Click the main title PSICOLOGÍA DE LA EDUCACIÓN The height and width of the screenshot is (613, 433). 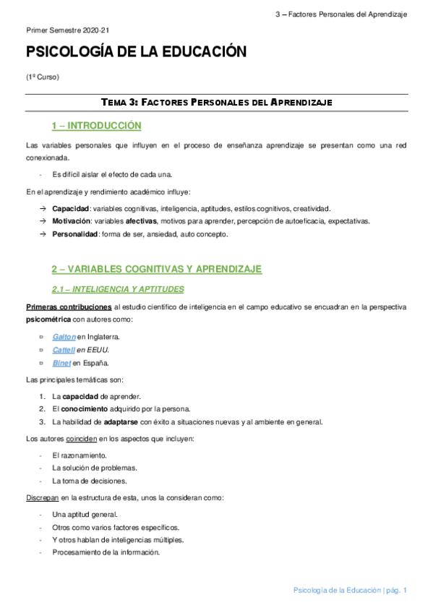[136, 52]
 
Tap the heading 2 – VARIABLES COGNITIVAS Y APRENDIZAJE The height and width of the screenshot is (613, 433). [156, 269]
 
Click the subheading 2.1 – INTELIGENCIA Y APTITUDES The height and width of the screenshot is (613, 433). [117, 289]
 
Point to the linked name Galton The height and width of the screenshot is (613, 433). [64, 337]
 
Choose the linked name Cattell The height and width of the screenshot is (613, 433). [63, 350]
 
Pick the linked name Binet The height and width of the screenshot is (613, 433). [61, 363]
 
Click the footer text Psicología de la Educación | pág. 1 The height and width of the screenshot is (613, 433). [350, 591]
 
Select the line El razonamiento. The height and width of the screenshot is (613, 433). [80, 455]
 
